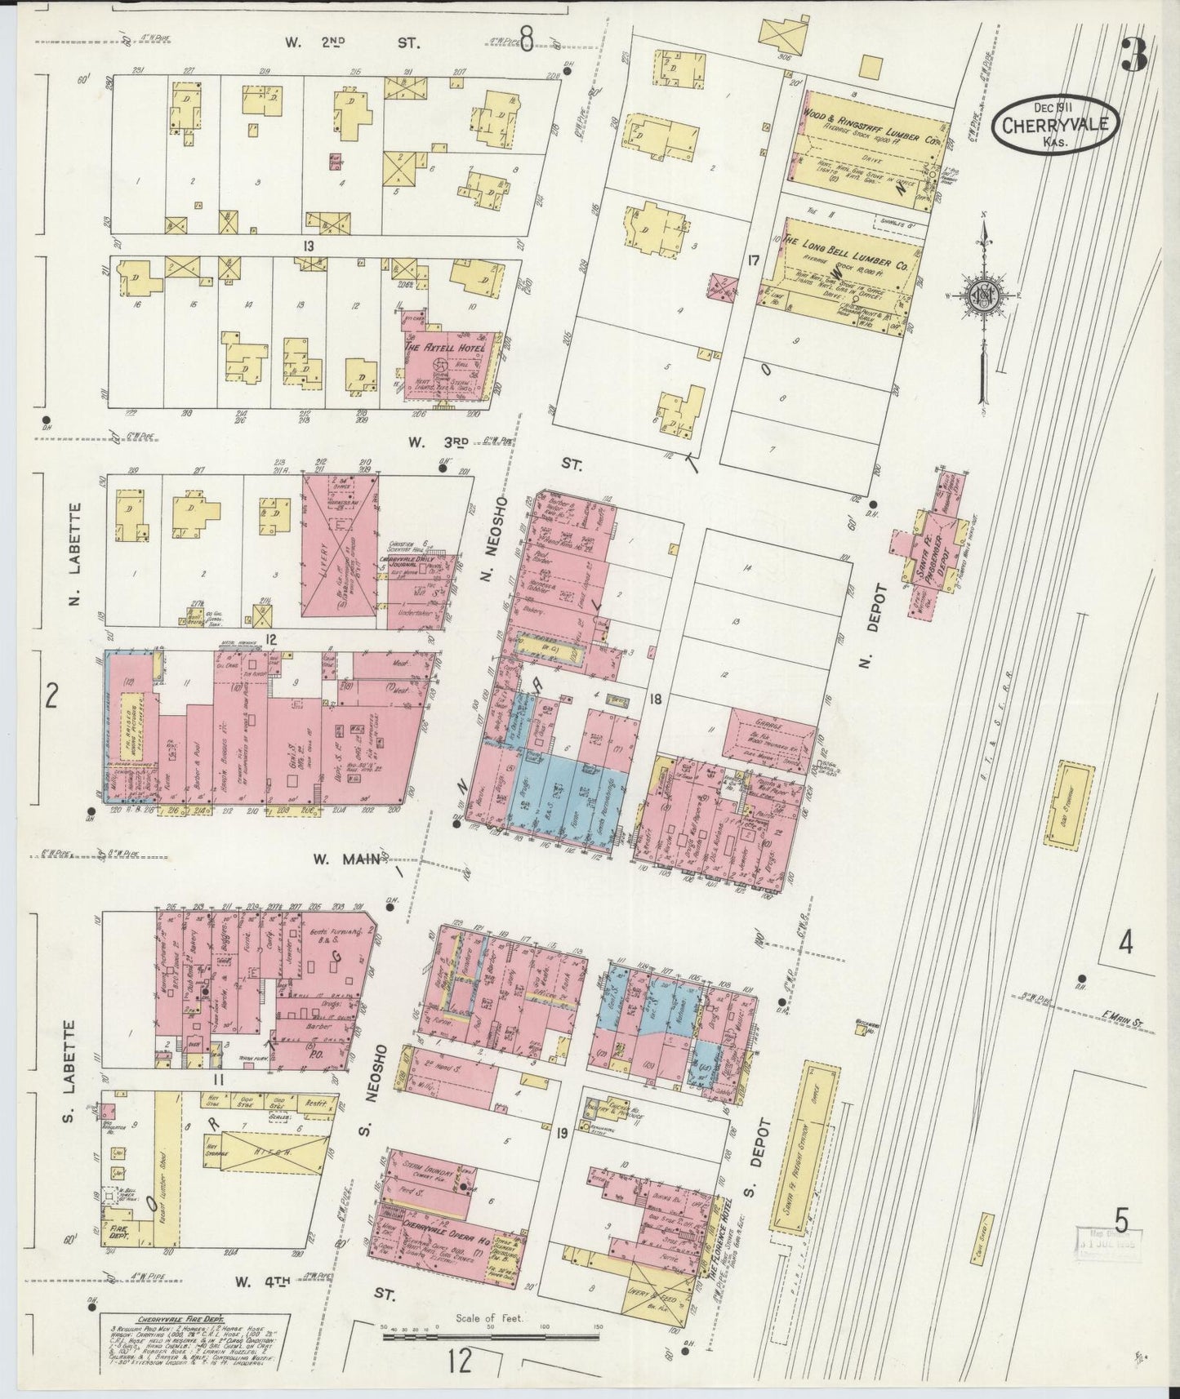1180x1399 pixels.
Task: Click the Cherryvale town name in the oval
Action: click(x=1055, y=127)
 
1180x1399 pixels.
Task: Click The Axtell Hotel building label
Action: click(x=444, y=348)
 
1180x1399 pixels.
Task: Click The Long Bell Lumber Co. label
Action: click(x=845, y=245)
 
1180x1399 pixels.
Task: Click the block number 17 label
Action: click(x=752, y=262)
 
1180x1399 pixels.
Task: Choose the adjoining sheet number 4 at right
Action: click(x=1125, y=944)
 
